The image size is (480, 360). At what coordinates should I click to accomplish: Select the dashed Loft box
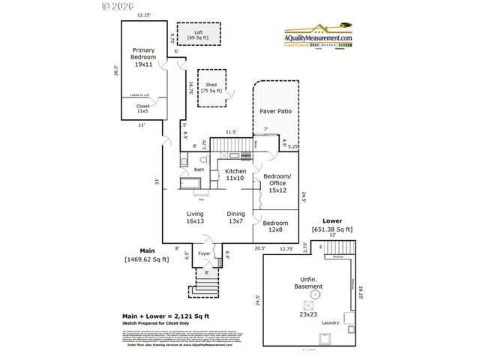coord(198,34)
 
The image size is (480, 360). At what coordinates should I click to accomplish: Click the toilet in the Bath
coord(205,159)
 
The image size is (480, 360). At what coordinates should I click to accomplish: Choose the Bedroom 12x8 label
coord(275,226)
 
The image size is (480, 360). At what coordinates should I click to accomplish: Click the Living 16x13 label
coord(195,217)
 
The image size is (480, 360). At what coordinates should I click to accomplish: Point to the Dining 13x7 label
coord(236,217)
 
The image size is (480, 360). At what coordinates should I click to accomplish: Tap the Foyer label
coord(204,253)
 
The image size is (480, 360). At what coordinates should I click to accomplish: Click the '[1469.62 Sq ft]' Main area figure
coord(146,259)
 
